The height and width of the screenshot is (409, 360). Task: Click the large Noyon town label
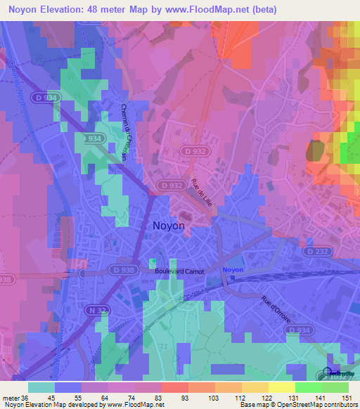point(169,226)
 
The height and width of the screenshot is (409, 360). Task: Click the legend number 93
point(165,397)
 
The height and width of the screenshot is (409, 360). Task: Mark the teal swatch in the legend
point(41,387)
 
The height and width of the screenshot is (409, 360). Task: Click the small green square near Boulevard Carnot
point(153,262)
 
